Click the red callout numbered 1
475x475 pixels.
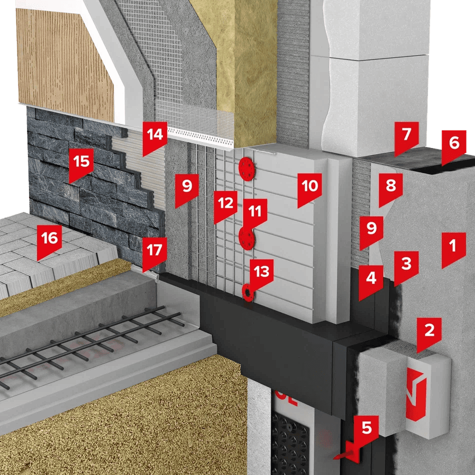coord(453,248)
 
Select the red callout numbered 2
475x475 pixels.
coord(429,333)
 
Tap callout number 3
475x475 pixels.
coord(406,266)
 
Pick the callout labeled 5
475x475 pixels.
coord(366,431)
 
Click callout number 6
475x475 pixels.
coord(454,146)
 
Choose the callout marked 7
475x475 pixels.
coord(406,137)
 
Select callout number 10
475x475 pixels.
coord(309,189)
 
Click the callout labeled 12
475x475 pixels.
coord(225,206)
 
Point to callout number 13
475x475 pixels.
coord(261,274)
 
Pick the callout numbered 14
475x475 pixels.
coord(155,137)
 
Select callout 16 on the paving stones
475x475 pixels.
coord(49,241)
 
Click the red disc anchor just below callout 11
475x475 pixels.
coord(247,238)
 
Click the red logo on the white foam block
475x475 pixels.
coord(416,394)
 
